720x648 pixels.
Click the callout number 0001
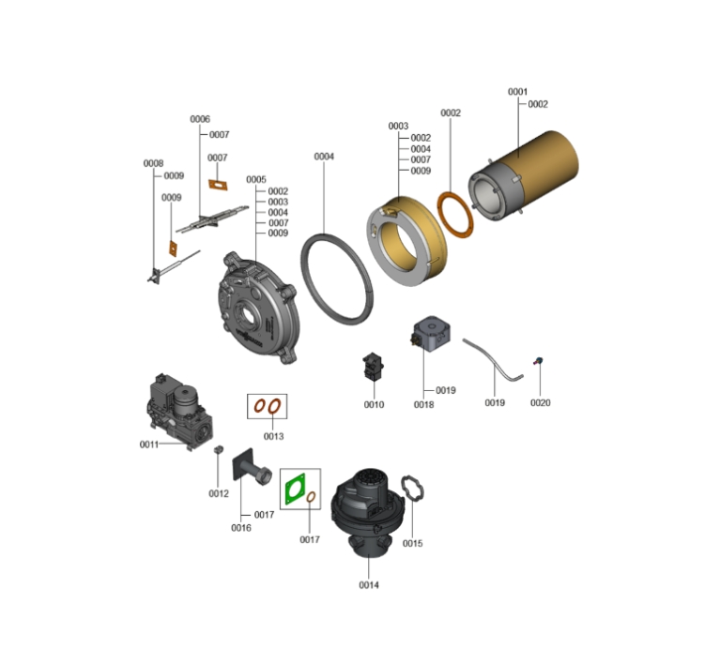(517, 92)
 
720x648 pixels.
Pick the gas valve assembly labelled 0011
(180, 411)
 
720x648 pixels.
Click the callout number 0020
(540, 402)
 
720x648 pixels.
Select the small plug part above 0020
(538, 361)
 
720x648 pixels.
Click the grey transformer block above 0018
(431, 334)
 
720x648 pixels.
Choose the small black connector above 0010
(374, 367)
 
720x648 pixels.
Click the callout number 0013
(274, 436)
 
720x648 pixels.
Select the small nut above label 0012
(219, 449)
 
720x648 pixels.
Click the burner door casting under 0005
(257, 309)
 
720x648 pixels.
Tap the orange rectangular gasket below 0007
(218, 185)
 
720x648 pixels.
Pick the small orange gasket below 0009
(173, 249)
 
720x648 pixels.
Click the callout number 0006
(200, 119)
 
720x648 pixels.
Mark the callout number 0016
(241, 528)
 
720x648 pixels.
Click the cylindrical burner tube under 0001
(524, 176)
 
